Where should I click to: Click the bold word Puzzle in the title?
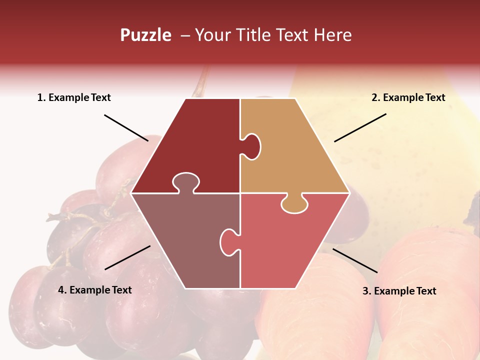coord(145,35)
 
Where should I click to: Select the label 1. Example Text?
coord(74,97)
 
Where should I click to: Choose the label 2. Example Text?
coord(408,97)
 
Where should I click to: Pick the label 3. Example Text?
coord(399,291)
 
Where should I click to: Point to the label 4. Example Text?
coord(95,290)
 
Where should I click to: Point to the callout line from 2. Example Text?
coord(360,127)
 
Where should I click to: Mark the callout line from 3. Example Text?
coord(355,260)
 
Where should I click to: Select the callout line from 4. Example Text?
coord(127,257)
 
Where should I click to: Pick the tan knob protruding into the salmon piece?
coord(294,204)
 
